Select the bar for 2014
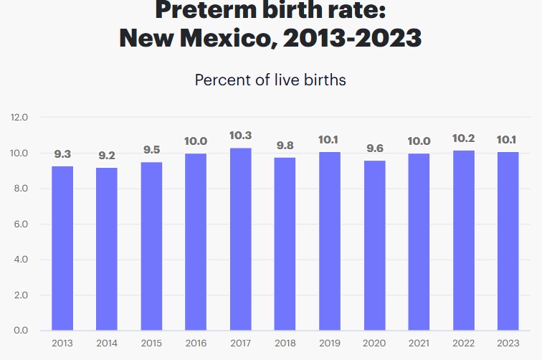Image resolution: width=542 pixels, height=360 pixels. point(107,249)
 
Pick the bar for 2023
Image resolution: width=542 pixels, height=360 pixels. point(508,241)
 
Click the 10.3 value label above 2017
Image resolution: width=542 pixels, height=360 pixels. point(240,136)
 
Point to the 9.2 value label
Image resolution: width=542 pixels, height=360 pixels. point(107,155)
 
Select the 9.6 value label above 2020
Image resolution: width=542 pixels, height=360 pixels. point(374,148)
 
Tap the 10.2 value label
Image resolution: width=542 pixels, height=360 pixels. point(463,138)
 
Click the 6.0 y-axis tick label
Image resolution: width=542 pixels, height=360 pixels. point(19,224)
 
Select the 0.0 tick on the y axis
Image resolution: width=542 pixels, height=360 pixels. point(19,331)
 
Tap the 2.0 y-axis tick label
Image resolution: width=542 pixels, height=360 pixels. point(19,295)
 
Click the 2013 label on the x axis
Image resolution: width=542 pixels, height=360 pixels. point(62,343)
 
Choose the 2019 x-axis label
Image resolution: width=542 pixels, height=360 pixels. point(330,343)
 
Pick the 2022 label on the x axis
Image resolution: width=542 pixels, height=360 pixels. point(463,343)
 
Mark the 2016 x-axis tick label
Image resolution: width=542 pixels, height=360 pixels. point(196,343)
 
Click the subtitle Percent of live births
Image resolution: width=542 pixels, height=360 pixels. point(270,80)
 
